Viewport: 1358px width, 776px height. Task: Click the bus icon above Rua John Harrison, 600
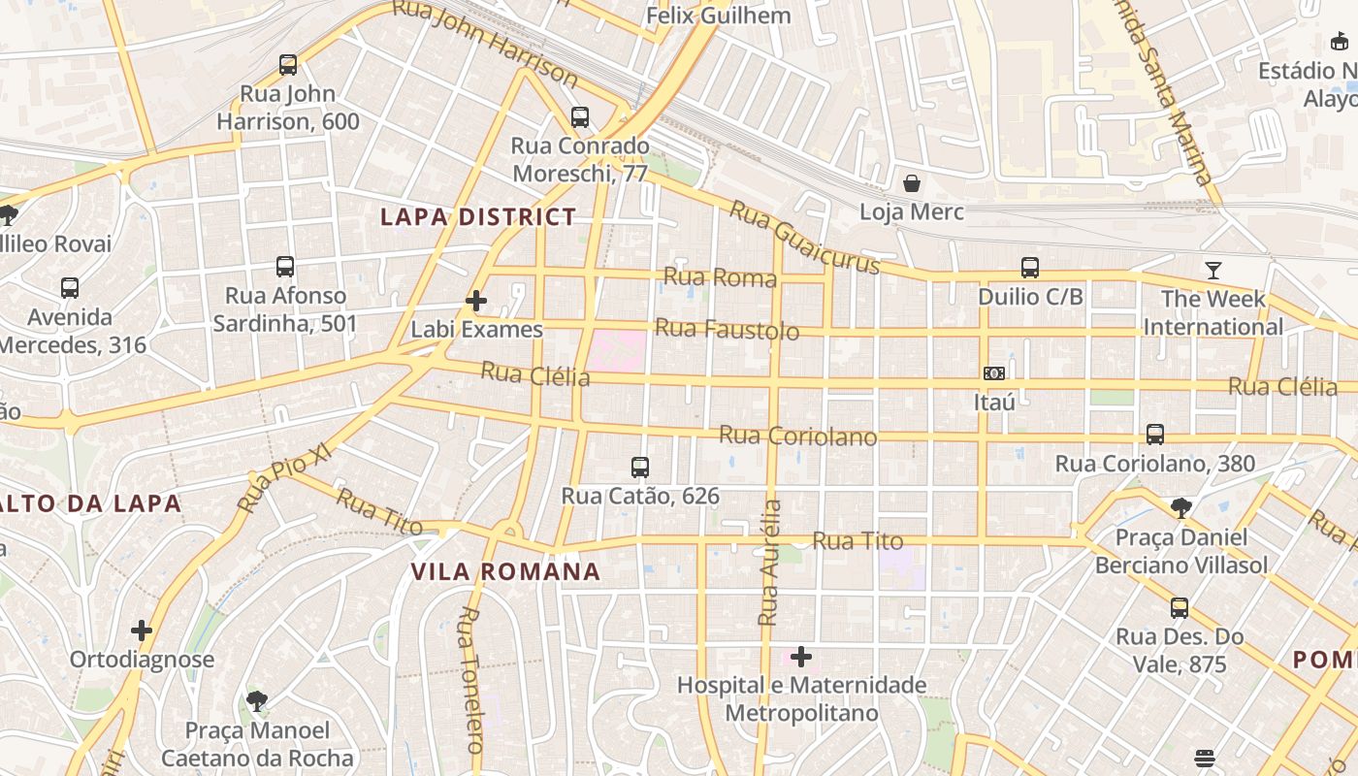pyautogui.click(x=288, y=65)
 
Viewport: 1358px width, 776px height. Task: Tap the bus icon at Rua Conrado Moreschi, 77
pyautogui.click(x=580, y=117)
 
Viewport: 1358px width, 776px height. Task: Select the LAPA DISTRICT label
pyautogui.click(x=478, y=216)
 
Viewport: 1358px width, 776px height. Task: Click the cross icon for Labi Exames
pyautogui.click(x=476, y=301)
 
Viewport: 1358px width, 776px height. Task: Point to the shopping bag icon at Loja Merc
pyautogui.click(x=912, y=182)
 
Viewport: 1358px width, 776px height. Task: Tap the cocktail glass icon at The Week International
pyautogui.click(x=1212, y=270)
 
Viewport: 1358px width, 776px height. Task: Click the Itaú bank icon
pyautogui.click(x=994, y=373)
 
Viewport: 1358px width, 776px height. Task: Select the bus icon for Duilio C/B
pyautogui.click(x=1030, y=268)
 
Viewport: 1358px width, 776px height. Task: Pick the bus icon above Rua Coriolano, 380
pyautogui.click(x=1155, y=435)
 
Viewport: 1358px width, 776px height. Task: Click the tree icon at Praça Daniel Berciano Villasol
pyautogui.click(x=1181, y=507)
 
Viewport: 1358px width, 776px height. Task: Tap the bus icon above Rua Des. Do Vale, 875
pyautogui.click(x=1180, y=608)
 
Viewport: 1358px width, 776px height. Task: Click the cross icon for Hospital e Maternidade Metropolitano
pyautogui.click(x=801, y=657)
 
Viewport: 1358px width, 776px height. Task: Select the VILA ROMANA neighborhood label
pyautogui.click(x=506, y=571)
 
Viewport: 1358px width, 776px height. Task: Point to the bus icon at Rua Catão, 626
pyautogui.click(x=640, y=468)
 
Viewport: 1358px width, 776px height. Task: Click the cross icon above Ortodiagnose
pyautogui.click(x=142, y=630)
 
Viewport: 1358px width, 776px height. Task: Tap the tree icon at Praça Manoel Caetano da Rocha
pyautogui.click(x=257, y=700)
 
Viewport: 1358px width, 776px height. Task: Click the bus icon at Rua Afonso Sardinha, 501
pyautogui.click(x=285, y=267)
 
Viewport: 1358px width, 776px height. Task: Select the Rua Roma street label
pyautogui.click(x=720, y=277)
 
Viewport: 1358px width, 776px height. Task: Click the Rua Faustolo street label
pyautogui.click(x=727, y=330)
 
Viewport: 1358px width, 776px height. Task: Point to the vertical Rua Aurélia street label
pyautogui.click(x=770, y=563)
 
